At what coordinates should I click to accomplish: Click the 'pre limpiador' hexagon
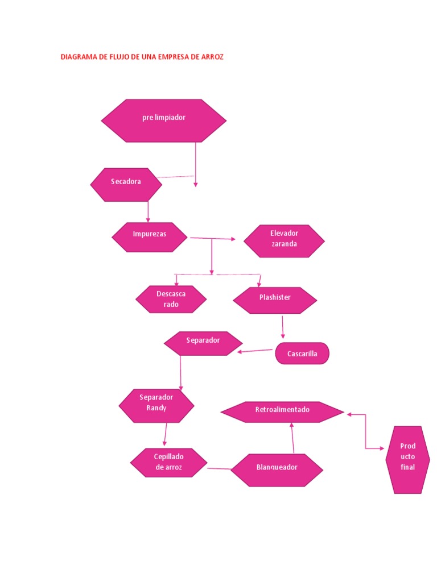[164, 120]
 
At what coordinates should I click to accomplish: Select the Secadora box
[126, 184]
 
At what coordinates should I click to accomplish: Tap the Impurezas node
[150, 237]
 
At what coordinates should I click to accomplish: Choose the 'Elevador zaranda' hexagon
[284, 241]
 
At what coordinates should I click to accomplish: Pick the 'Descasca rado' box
[171, 299]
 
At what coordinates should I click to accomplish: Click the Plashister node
[275, 300]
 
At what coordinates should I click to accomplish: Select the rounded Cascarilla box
[302, 354]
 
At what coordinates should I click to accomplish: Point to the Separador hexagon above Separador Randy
[203, 343]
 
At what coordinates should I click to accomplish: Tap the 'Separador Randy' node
[156, 406]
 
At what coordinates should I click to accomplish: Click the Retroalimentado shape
[282, 412]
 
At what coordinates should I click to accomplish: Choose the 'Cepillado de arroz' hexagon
[169, 463]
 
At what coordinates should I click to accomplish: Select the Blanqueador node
[277, 470]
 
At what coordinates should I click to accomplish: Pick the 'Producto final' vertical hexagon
[407, 460]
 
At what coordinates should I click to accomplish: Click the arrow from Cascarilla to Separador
[256, 351]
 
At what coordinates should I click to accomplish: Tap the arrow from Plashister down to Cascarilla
[283, 327]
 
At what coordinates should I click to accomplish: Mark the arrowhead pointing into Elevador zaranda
[233, 239]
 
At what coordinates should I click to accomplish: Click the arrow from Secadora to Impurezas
[148, 211]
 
